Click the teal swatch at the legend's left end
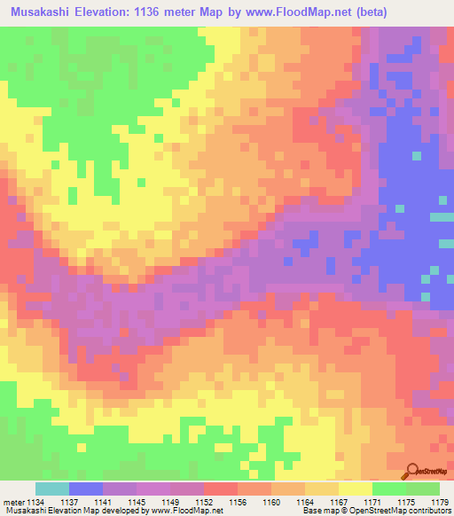pos(52,489)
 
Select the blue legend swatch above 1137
pos(86,489)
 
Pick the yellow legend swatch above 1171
pos(355,489)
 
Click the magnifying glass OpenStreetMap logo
pos(412,472)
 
